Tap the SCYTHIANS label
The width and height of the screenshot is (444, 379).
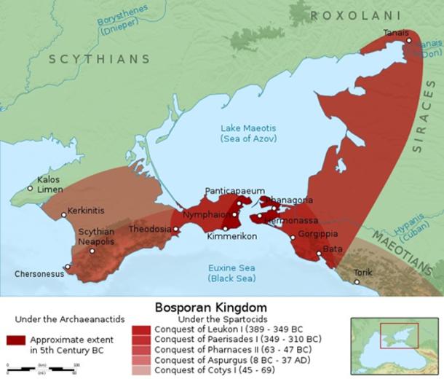[x=100, y=59]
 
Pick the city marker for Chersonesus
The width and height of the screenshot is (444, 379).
[x=68, y=266]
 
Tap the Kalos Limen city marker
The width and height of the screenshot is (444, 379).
[x=30, y=188]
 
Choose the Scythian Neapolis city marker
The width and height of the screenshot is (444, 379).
[x=92, y=251]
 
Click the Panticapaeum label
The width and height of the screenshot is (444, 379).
[x=234, y=190]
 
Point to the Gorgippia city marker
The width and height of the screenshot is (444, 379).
[x=293, y=236]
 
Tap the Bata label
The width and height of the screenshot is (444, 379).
[x=333, y=249]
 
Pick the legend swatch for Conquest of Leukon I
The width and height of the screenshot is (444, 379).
[x=141, y=329]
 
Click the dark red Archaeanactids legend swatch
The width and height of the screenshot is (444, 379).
[x=16, y=340]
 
